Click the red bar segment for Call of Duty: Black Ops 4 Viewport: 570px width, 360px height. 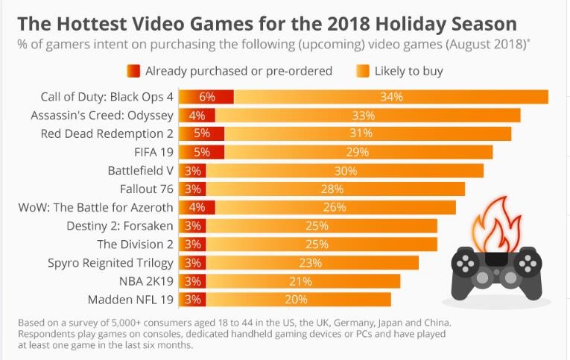(x=206, y=98)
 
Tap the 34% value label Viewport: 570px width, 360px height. (x=390, y=98)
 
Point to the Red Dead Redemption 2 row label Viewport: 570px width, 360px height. (x=107, y=133)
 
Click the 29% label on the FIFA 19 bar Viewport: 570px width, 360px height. (x=358, y=152)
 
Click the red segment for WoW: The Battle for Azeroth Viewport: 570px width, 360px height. (x=197, y=206)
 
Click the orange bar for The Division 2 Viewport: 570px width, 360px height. (x=321, y=244)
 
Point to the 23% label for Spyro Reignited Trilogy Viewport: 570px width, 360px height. (x=311, y=262)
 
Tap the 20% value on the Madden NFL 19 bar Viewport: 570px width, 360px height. (x=297, y=300)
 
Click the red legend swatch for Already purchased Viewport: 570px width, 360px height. (x=133, y=72)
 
